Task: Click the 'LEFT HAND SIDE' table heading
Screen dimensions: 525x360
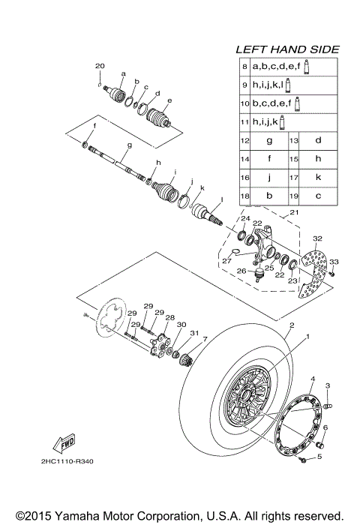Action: tap(287, 49)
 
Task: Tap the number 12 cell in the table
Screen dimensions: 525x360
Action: tap(244, 140)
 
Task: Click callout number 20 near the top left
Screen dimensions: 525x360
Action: tap(100, 67)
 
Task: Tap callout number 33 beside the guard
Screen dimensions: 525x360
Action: tap(334, 262)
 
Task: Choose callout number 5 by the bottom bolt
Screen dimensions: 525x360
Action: tap(319, 455)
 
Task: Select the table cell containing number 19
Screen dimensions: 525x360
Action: tap(295, 196)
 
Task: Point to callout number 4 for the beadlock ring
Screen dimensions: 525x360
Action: tap(313, 379)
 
